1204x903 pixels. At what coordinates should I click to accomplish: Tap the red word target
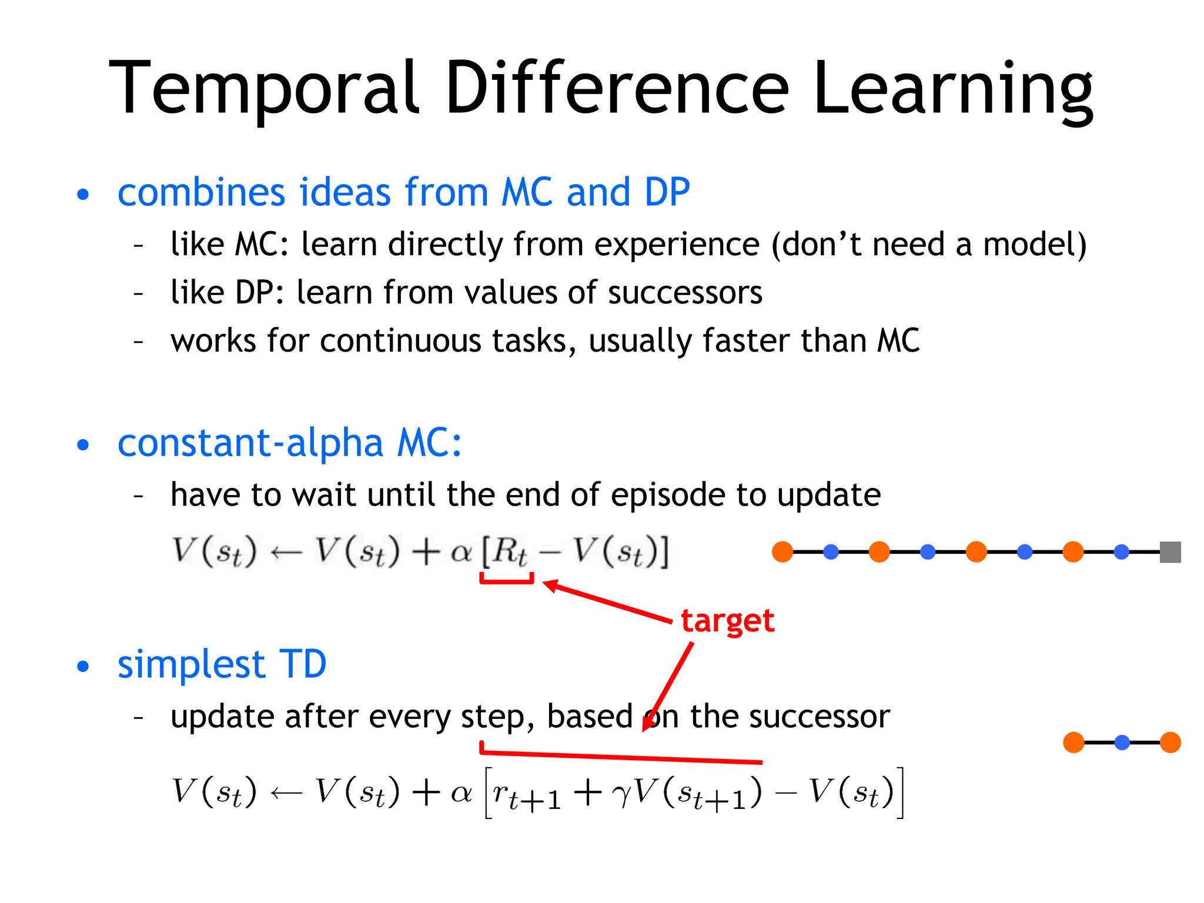(727, 621)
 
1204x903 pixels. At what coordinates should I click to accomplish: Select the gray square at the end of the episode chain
(1170, 552)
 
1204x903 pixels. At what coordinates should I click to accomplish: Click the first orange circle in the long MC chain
(782, 552)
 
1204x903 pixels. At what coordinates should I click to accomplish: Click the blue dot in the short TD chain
(1122, 743)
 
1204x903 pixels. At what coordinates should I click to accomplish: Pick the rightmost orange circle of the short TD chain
(1170, 743)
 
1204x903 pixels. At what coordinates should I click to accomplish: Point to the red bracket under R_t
(507, 581)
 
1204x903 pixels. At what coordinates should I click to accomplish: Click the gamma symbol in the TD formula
(621, 794)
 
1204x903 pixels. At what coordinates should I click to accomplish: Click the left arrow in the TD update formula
(286, 794)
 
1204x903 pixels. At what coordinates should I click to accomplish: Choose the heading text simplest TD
(222, 664)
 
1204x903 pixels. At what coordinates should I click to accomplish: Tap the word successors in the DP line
(685, 292)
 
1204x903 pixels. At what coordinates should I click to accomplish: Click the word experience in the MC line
(676, 245)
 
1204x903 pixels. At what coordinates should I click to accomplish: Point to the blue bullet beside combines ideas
(83, 195)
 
